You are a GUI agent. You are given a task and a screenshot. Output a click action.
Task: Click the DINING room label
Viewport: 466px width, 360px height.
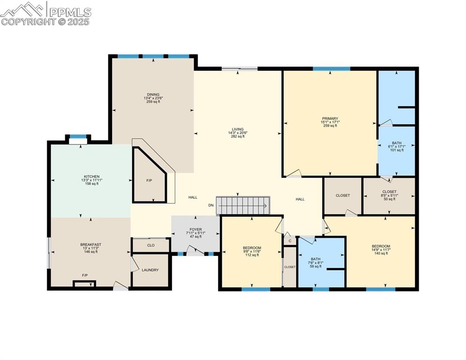click(152, 94)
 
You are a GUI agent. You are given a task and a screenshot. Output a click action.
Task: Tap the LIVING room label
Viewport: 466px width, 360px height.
click(238, 129)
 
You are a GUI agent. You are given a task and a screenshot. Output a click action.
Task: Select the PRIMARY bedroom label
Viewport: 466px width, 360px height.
click(330, 119)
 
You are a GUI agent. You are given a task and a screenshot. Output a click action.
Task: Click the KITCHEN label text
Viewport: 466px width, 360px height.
click(91, 176)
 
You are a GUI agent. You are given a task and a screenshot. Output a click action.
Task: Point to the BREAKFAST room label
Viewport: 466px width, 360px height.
click(90, 244)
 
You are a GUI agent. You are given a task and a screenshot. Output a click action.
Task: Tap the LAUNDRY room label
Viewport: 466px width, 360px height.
click(150, 270)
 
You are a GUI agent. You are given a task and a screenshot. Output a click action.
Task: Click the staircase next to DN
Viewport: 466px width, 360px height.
click(243, 205)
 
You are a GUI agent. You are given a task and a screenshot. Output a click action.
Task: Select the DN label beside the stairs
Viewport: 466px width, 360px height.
click(211, 205)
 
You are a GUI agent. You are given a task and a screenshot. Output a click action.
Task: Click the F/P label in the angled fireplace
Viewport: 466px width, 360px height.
click(150, 180)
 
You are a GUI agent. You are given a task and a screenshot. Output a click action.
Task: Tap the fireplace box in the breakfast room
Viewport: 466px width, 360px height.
click(84, 284)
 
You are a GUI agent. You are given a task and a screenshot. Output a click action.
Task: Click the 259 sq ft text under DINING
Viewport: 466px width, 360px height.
click(152, 102)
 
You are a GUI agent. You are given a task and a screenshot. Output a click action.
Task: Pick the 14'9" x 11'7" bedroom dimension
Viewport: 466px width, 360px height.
click(381, 250)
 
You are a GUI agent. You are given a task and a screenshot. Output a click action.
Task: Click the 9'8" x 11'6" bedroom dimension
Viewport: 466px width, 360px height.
click(252, 251)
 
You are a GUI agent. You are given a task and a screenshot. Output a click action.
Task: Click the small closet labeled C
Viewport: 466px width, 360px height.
click(290, 241)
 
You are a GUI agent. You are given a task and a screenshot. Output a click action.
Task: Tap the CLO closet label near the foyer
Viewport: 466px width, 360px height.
click(150, 245)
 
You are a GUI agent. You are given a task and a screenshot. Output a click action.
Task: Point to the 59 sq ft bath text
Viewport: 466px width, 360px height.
click(316, 266)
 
